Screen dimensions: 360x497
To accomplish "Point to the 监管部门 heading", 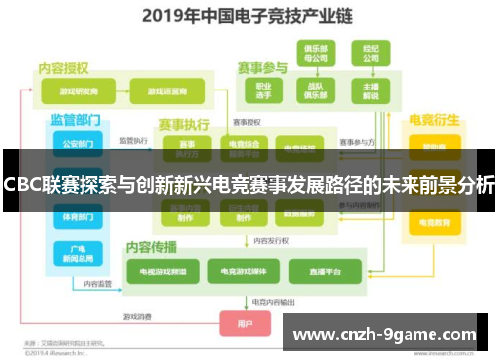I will [x=77, y=119].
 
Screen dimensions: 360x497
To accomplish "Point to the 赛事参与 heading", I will [x=261, y=67].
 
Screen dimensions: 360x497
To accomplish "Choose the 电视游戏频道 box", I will [x=162, y=270].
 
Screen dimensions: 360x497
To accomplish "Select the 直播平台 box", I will [x=324, y=270].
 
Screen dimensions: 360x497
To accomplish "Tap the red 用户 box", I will [x=245, y=323].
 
